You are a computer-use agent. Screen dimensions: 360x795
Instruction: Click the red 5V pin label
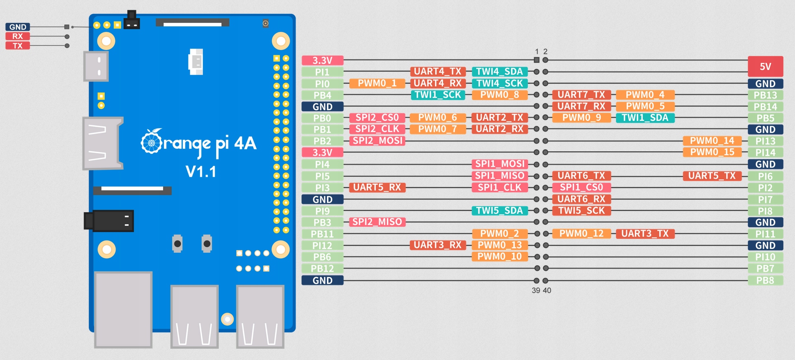765,66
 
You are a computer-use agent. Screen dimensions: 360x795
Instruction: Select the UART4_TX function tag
438,72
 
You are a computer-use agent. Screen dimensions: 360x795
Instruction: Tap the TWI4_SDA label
500,72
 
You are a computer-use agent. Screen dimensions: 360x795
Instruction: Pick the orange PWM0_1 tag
377,83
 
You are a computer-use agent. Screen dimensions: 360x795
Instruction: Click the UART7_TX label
581,95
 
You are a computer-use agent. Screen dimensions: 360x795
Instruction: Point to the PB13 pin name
765,95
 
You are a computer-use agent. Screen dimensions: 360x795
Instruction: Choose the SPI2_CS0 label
377,117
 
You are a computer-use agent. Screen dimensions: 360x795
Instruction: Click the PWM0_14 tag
712,141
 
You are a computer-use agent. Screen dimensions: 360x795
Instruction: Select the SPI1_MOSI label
500,164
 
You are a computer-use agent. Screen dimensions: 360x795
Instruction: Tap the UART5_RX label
377,188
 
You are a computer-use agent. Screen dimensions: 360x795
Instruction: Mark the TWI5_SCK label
581,211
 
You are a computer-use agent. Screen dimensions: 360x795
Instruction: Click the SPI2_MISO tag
377,222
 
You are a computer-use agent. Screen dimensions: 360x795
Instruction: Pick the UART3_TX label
645,234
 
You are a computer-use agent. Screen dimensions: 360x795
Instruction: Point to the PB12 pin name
322,269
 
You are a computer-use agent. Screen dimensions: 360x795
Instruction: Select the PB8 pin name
765,280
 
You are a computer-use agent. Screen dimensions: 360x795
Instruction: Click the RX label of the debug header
17,36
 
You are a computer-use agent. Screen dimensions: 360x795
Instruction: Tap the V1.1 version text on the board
201,172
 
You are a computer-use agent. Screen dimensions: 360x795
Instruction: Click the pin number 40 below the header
547,291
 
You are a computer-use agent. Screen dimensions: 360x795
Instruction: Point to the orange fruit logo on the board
151,141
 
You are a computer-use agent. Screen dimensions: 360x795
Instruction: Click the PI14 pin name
765,153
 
